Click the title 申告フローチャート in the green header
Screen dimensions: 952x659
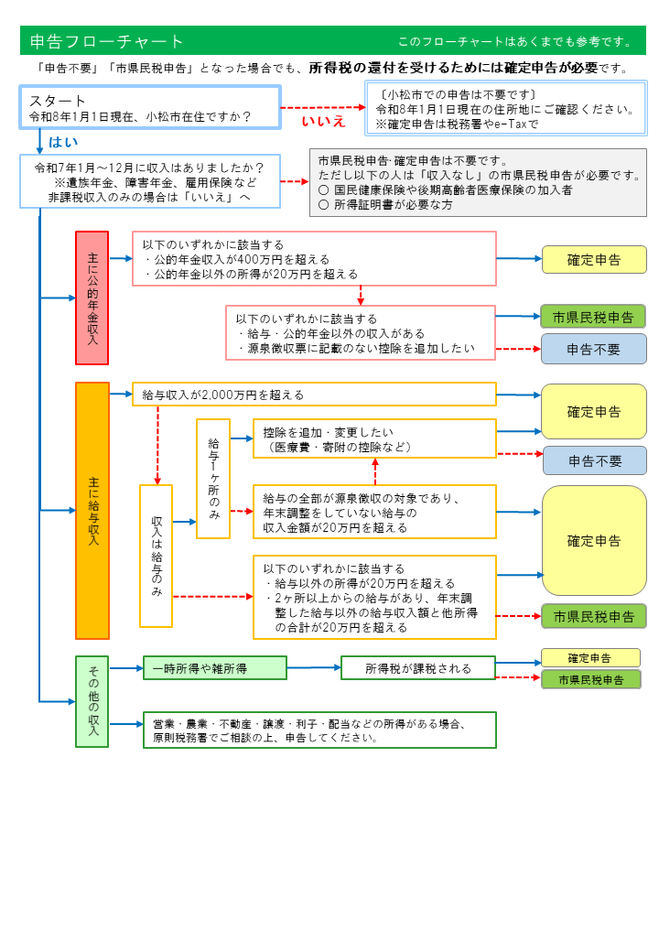click(x=107, y=41)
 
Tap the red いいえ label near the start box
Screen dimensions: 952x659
click(x=324, y=121)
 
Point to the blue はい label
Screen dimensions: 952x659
click(x=63, y=141)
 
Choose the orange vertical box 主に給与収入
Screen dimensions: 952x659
click(x=92, y=510)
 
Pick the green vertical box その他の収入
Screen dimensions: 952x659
click(x=92, y=701)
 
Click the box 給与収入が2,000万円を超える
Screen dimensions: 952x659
click(x=314, y=395)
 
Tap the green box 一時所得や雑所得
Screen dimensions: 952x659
click(x=214, y=668)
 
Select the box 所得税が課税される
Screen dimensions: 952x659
click(x=417, y=668)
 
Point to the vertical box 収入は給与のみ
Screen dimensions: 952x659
click(x=156, y=556)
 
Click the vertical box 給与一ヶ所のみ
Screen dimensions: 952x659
click(x=212, y=478)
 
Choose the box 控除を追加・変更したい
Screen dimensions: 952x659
click(x=374, y=439)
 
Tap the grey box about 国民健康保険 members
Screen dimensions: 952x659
click(x=478, y=182)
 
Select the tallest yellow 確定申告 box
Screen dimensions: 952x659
click(x=594, y=540)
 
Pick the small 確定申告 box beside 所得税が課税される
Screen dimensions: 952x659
click(x=590, y=657)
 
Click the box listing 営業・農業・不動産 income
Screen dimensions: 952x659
click(x=319, y=730)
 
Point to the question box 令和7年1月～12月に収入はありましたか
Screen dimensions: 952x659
click(x=149, y=181)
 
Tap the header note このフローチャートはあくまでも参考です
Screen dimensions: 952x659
click(x=514, y=41)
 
